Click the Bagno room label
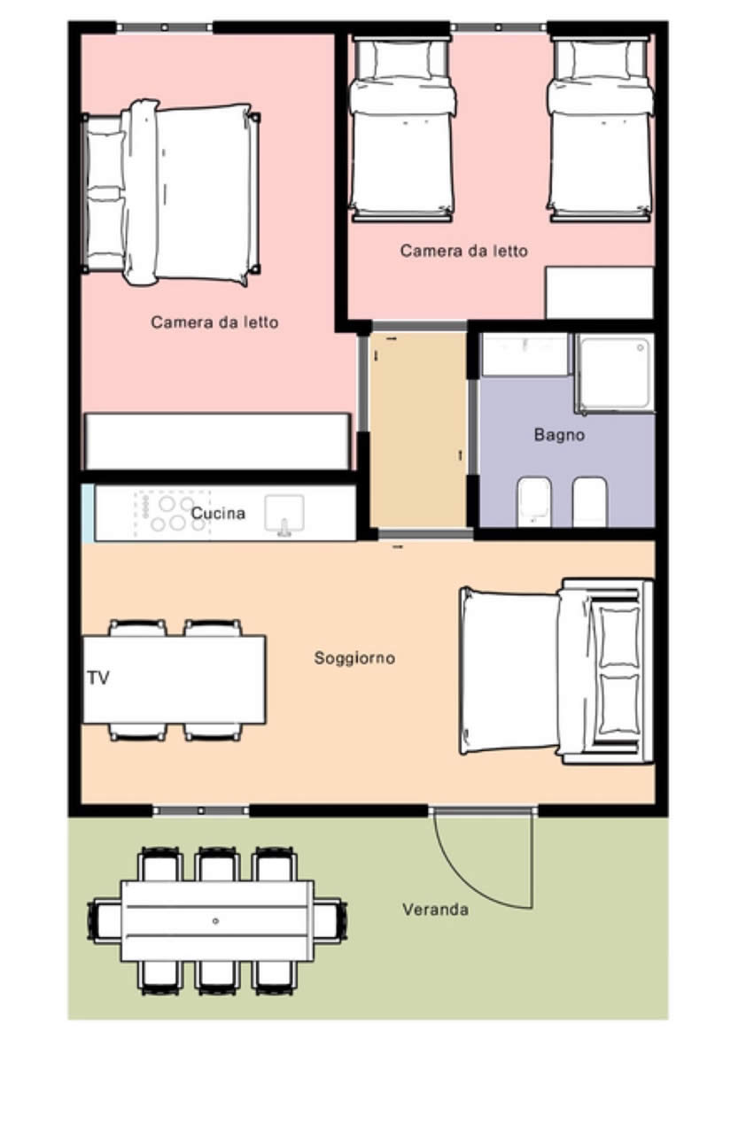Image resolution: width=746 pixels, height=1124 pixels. [559, 435]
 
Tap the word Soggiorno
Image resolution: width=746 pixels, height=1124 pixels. [354, 658]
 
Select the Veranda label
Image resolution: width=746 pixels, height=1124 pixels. [435, 910]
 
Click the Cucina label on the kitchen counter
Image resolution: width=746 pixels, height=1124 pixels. [218, 513]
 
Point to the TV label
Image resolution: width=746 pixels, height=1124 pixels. [97, 678]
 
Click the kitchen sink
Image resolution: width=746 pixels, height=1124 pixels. [284, 515]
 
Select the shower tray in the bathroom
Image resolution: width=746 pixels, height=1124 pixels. [615, 373]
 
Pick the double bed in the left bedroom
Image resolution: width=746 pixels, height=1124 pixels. [171, 193]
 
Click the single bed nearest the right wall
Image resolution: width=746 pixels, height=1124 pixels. [601, 129]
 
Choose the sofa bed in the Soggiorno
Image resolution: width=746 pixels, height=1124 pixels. [556, 671]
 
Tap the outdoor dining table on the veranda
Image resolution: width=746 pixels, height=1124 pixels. [217, 921]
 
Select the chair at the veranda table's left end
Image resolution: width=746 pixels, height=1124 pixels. [105, 921]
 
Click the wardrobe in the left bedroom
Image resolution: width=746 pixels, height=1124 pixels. [217, 441]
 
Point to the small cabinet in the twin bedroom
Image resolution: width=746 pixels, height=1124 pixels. [600, 292]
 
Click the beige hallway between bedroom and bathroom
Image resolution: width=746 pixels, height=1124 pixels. [418, 430]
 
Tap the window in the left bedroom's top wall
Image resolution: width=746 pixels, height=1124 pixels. [165, 27]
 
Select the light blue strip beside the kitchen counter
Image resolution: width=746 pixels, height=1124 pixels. [88, 513]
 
